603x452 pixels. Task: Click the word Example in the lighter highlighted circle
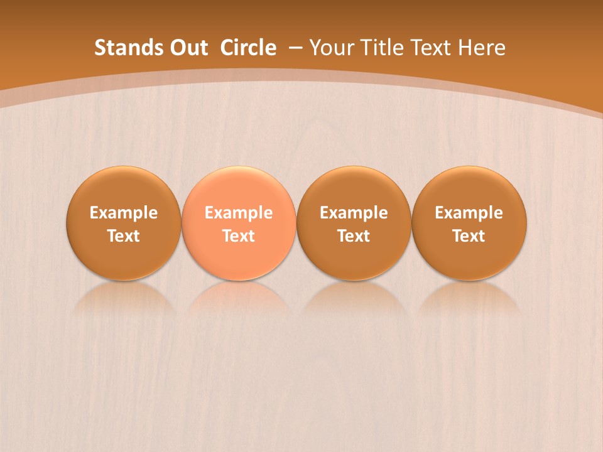coord(239,213)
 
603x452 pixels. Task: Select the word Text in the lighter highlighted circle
coord(239,236)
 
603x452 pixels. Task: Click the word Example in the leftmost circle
coord(124,213)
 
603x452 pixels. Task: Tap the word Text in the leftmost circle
coord(124,236)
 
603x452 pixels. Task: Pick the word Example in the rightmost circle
coord(469,213)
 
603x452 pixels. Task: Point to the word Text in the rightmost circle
coord(469,236)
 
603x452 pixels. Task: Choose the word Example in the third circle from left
coord(354,213)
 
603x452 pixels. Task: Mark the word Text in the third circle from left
coord(354,236)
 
